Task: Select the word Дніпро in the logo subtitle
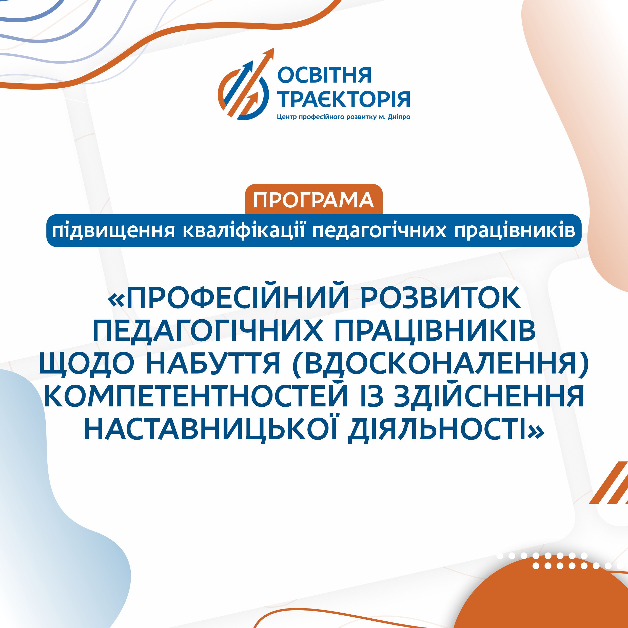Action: click(399, 117)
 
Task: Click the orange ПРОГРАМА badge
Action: click(314, 200)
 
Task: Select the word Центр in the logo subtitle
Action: click(287, 117)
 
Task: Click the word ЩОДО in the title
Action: click(86, 364)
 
